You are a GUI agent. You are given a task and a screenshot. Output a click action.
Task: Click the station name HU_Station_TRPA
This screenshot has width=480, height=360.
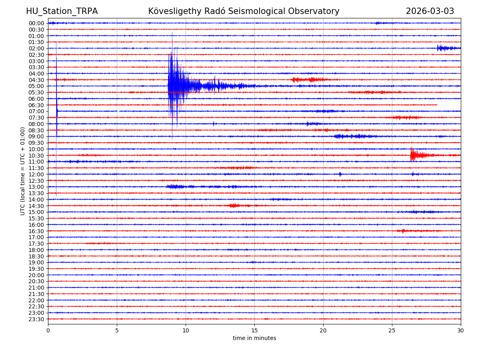[62, 11]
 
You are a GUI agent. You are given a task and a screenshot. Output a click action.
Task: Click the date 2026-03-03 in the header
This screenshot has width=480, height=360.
[430, 11]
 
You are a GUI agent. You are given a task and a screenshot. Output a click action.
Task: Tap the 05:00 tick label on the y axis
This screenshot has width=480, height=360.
[36, 86]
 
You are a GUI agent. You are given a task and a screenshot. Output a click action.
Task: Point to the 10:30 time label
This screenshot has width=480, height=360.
[36, 155]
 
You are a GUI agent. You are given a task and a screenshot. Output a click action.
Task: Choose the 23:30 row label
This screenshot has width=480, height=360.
[36, 319]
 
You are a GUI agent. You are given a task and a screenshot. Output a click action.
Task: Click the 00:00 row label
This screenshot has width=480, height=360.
[36, 23]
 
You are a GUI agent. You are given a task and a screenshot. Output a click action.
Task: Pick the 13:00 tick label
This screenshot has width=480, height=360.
[36, 187]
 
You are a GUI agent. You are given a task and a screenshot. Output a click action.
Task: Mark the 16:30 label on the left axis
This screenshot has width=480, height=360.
[36, 231]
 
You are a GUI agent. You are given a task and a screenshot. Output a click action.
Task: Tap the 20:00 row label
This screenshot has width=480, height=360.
[36, 275]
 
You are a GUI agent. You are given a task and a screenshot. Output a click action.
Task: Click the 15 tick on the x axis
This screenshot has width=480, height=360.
[254, 331]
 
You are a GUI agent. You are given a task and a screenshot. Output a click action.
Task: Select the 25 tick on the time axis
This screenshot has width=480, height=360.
[392, 331]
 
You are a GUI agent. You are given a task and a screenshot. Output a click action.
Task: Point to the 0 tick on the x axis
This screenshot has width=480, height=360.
[48, 331]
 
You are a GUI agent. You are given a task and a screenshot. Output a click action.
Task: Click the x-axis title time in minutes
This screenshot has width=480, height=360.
[254, 338]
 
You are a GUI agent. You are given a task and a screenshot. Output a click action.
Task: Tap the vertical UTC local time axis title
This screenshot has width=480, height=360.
[23, 171]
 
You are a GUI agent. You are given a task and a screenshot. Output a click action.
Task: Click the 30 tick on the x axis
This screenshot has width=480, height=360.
[461, 331]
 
